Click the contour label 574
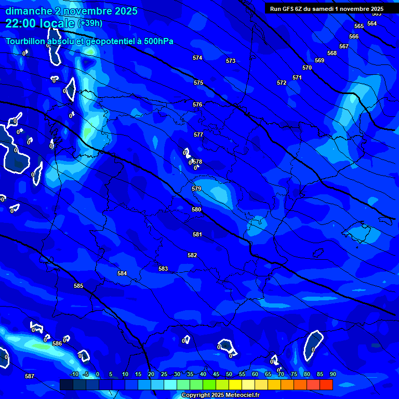[x=197, y=58]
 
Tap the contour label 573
[x=231, y=61]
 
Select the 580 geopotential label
[x=196, y=209]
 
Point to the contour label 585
[x=78, y=286]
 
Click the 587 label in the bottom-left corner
[x=30, y=376]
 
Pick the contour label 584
[x=122, y=273]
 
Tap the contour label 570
[x=307, y=68]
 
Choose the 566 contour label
[x=354, y=36]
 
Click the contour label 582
[x=192, y=255]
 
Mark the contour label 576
[x=197, y=104]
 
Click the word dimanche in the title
[x=29, y=11]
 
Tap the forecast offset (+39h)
[x=90, y=23]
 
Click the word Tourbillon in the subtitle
[x=28, y=41]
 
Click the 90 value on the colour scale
[x=332, y=374]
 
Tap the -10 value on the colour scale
[x=74, y=374]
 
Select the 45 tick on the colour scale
[x=216, y=374]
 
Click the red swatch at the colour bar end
[x=326, y=384]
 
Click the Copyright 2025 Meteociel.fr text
[x=220, y=395]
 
